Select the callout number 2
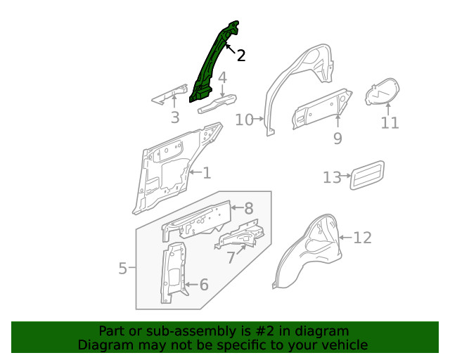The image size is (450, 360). pyautogui.click(x=241, y=56)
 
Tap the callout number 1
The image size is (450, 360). pyautogui.click(x=207, y=173)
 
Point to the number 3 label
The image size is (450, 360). pyautogui.click(x=175, y=118)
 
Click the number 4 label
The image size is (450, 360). pyautogui.click(x=222, y=77)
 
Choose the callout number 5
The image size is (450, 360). pyautogui.click(x=122, y=268)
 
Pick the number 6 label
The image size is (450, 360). pyautogui.click(x=204, y=285)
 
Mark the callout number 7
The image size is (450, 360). pyautogui.click(x=231, y=258)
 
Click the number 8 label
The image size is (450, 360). pyautogui.click(x=248, y=208)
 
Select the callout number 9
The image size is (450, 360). pyautogui.click(x=337, y=139)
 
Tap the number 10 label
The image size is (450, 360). pyautogui.click(x=244, y=120)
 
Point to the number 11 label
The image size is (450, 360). pyautogui.click(x=390, y=123)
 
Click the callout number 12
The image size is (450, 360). pyautogui.click(x=362, y=238)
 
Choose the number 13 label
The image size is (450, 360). pyautogui.click(x=332, y=177)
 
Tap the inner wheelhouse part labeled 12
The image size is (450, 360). pyautogui.click(x=309, y=253)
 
